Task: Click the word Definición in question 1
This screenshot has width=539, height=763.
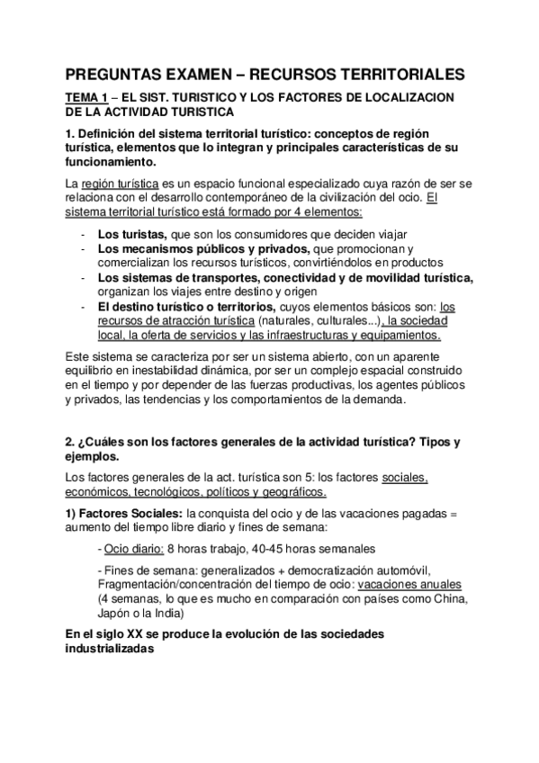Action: [109, 135]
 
